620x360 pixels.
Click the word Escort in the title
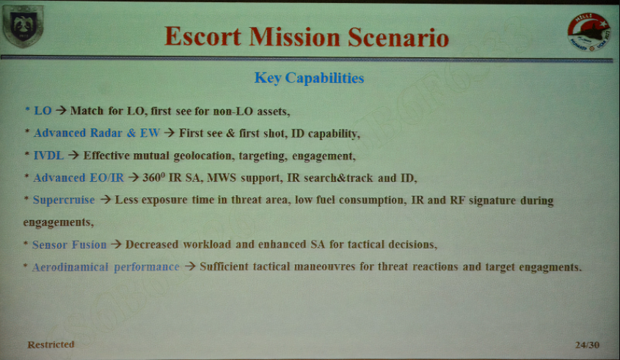203,37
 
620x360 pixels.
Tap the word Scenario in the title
398,37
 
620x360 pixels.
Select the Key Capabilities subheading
309,78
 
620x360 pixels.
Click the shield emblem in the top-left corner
23,26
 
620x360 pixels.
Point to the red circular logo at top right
589,32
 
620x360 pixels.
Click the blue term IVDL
48,155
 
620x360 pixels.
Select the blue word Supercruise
64,200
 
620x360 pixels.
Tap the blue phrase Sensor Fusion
69,245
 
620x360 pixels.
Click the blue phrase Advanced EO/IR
79,178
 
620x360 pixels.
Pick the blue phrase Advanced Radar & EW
96,133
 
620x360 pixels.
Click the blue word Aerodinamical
70,267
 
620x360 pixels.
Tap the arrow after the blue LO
61,110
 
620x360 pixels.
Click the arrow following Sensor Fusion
116,244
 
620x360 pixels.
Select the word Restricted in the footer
51,345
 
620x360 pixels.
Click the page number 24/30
587,345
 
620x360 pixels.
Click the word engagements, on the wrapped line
59,222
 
